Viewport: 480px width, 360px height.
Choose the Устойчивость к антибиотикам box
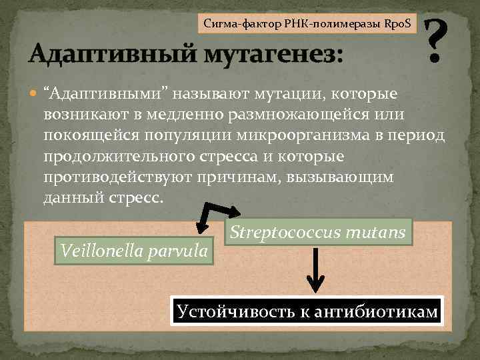pyautogui.click(x=307, y=310)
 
